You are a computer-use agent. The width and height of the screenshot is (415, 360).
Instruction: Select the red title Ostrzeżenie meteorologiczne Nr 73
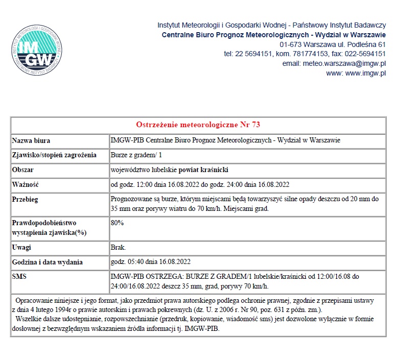pos(198,125)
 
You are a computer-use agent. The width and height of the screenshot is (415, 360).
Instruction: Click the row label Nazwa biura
pos(31,140)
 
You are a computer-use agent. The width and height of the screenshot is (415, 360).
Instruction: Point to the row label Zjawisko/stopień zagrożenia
pos(54,155)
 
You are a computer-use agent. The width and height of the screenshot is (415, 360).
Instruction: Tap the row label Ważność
pos(26,184)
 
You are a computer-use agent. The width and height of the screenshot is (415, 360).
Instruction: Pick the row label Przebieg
pos(25,199)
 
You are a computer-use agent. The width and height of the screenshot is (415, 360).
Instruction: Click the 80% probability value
pos(117,223)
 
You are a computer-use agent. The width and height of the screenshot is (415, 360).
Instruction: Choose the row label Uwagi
pos(22,248)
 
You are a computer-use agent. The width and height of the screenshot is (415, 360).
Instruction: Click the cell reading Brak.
pos(118,248)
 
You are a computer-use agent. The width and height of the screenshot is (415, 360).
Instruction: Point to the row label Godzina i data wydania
pos(47,262)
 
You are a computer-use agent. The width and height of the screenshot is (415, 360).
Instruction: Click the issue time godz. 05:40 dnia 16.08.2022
pos(151,262)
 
